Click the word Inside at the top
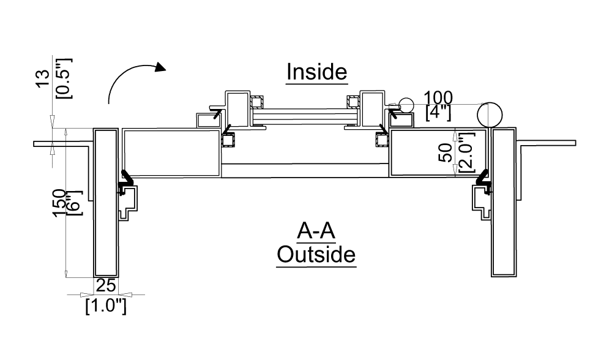pyautogui.click(x=317, y=72)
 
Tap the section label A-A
pyautogui.click(x=316, y=233)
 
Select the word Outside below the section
pyautogui.click(x=316, y=253)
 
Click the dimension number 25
pyautogui.click(x=106, y=285)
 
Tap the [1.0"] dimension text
pyautogui.click(x=106, y=305)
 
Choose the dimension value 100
pyautogui.click(x=439, y=97)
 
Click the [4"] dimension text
pyautogui.click(x=439, y=112)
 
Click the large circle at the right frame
pyautogui.click(x=490, y=114)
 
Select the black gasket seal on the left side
pyautogui.click(x=126, y=179)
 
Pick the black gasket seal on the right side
pyautogui.click(x=483, y=179)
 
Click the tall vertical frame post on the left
pyautogui.click(x=106, y=202)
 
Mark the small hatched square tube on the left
pyautogui.click(x=228, y=141)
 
